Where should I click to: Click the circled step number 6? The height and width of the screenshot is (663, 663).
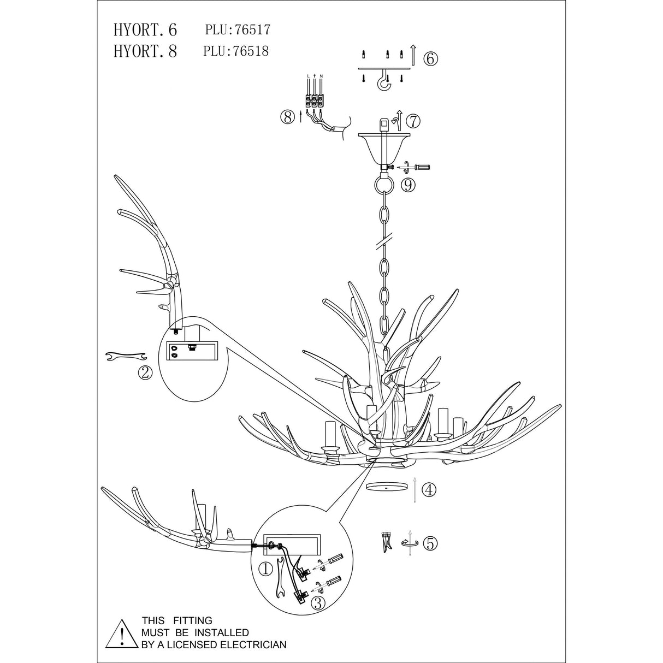pyautogui.click(x=430, y=58)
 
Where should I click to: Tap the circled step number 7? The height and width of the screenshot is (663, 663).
pyautogui.click(x=414, y=120)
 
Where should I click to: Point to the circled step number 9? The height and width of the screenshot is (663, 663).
pyautogui.click(x=407, y=185)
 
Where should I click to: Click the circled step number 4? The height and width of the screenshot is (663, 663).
pyautogui.click(x=430, y=490)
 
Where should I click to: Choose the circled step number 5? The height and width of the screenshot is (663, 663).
pyautogui.click(x=430, y=543)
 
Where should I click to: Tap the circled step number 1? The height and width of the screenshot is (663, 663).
pyautogui.click(x=265, y=570)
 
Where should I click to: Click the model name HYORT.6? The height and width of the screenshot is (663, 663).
pyautogui.click(x=145, y=29)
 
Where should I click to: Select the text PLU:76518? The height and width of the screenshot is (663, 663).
pyautogui.click(x=236, y=51)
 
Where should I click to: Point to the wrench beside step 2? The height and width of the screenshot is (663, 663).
pyautogui.click(x=125, y=357)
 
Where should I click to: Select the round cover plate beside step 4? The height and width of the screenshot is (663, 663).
pyautogui.click(x=388, y=486)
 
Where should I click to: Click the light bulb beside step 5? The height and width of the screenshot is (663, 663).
pyautogui.click(x=387, y=542)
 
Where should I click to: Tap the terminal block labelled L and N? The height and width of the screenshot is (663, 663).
pyautogui.click(x=315, y=100)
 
